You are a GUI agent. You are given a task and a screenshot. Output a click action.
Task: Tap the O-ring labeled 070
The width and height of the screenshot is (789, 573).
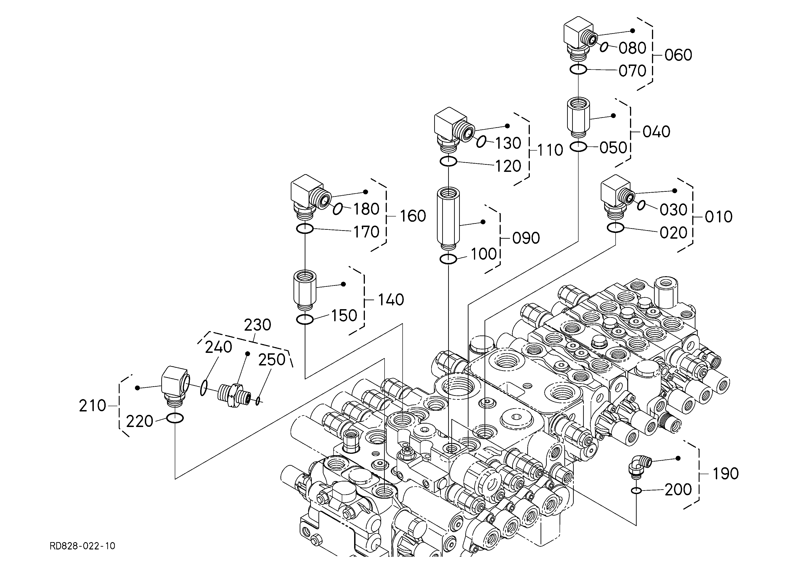[578, 70]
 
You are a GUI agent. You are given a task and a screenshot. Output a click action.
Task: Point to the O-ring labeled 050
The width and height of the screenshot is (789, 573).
[578, 147]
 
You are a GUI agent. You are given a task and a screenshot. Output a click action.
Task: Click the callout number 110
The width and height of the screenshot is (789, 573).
[550, 150]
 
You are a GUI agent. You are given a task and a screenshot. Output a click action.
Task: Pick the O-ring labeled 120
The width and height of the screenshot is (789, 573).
[448, 161]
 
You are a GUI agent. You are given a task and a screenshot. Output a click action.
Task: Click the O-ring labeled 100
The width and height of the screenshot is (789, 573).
[448, 259]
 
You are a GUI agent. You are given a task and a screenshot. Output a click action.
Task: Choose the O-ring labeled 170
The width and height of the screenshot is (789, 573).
[305, 229]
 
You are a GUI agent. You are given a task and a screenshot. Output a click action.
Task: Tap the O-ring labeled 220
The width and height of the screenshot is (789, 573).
[175, 418]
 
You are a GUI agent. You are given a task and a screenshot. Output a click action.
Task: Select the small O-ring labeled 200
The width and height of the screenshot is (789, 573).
[636, 491]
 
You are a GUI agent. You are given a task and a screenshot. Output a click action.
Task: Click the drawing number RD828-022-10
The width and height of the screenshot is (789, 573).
[82, 546]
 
